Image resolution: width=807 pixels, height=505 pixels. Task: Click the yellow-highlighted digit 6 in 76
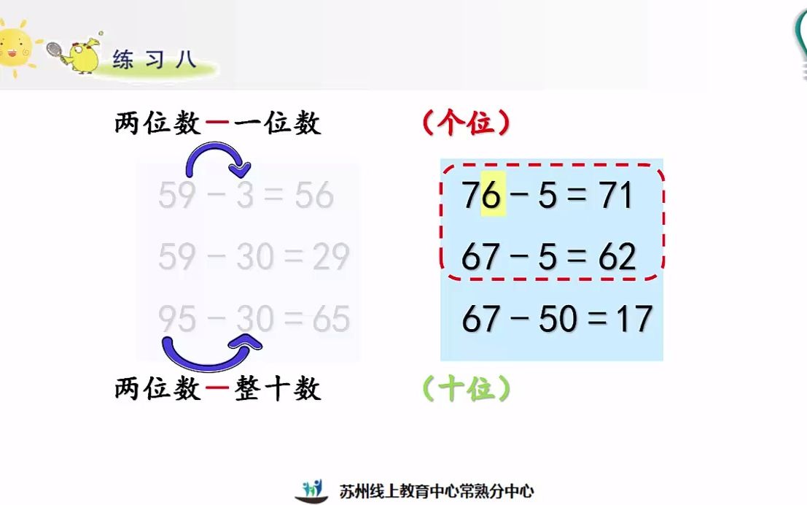click(493, 194)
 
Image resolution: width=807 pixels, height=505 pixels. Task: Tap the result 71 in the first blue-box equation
click(615, 195)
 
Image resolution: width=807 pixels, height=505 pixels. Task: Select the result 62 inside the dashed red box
click(617, 257)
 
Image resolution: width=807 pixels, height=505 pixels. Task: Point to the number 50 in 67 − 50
click(558, 318)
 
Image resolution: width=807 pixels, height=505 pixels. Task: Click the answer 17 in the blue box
click(635, 318)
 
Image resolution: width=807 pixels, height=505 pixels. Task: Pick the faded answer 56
click(314, 195)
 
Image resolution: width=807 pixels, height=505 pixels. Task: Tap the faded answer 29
click(331, 257)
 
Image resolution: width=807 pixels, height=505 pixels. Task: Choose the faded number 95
click(177, 318)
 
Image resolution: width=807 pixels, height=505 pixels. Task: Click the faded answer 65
click(331, 318)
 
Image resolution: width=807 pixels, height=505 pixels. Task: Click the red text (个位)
click(467, 123)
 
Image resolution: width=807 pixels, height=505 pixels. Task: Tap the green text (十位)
click(467, 388)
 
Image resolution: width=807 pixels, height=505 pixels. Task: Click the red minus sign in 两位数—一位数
click(217, 123)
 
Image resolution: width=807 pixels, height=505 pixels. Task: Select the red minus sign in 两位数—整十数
click(217, 388)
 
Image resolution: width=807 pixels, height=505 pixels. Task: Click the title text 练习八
click(155, 59)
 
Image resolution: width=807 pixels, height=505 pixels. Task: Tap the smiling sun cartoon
click(15, 48)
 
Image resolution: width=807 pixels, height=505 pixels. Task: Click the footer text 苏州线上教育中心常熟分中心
click(437, 491)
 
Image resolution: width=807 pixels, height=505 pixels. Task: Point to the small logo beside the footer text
click(311, 491)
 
